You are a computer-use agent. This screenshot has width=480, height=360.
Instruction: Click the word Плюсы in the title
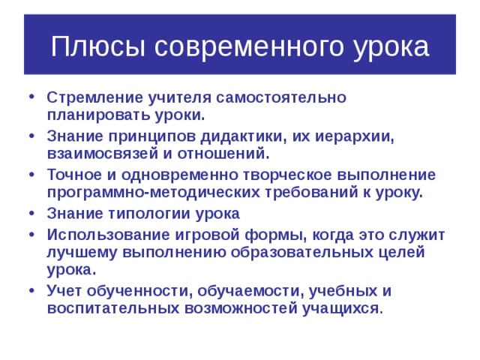(100, 47)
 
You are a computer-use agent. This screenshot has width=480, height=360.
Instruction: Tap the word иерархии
(341, 137)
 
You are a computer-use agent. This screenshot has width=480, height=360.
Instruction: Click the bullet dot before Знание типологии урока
(31, 214)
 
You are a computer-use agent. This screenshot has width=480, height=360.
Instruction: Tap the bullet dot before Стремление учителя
(31, 99)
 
